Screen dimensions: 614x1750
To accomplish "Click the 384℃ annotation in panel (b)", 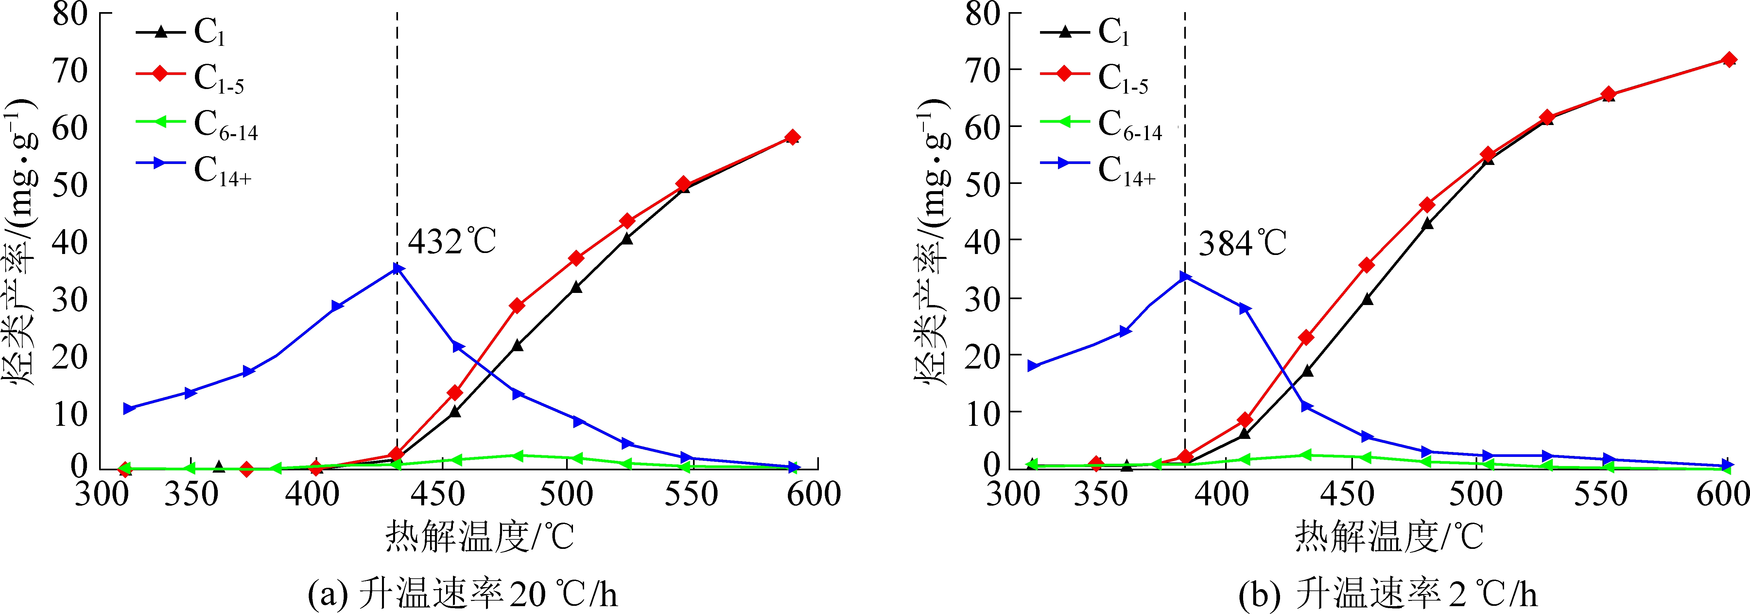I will (x=1242, y=243).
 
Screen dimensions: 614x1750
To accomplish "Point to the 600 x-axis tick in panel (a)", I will (x=813, y=494).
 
